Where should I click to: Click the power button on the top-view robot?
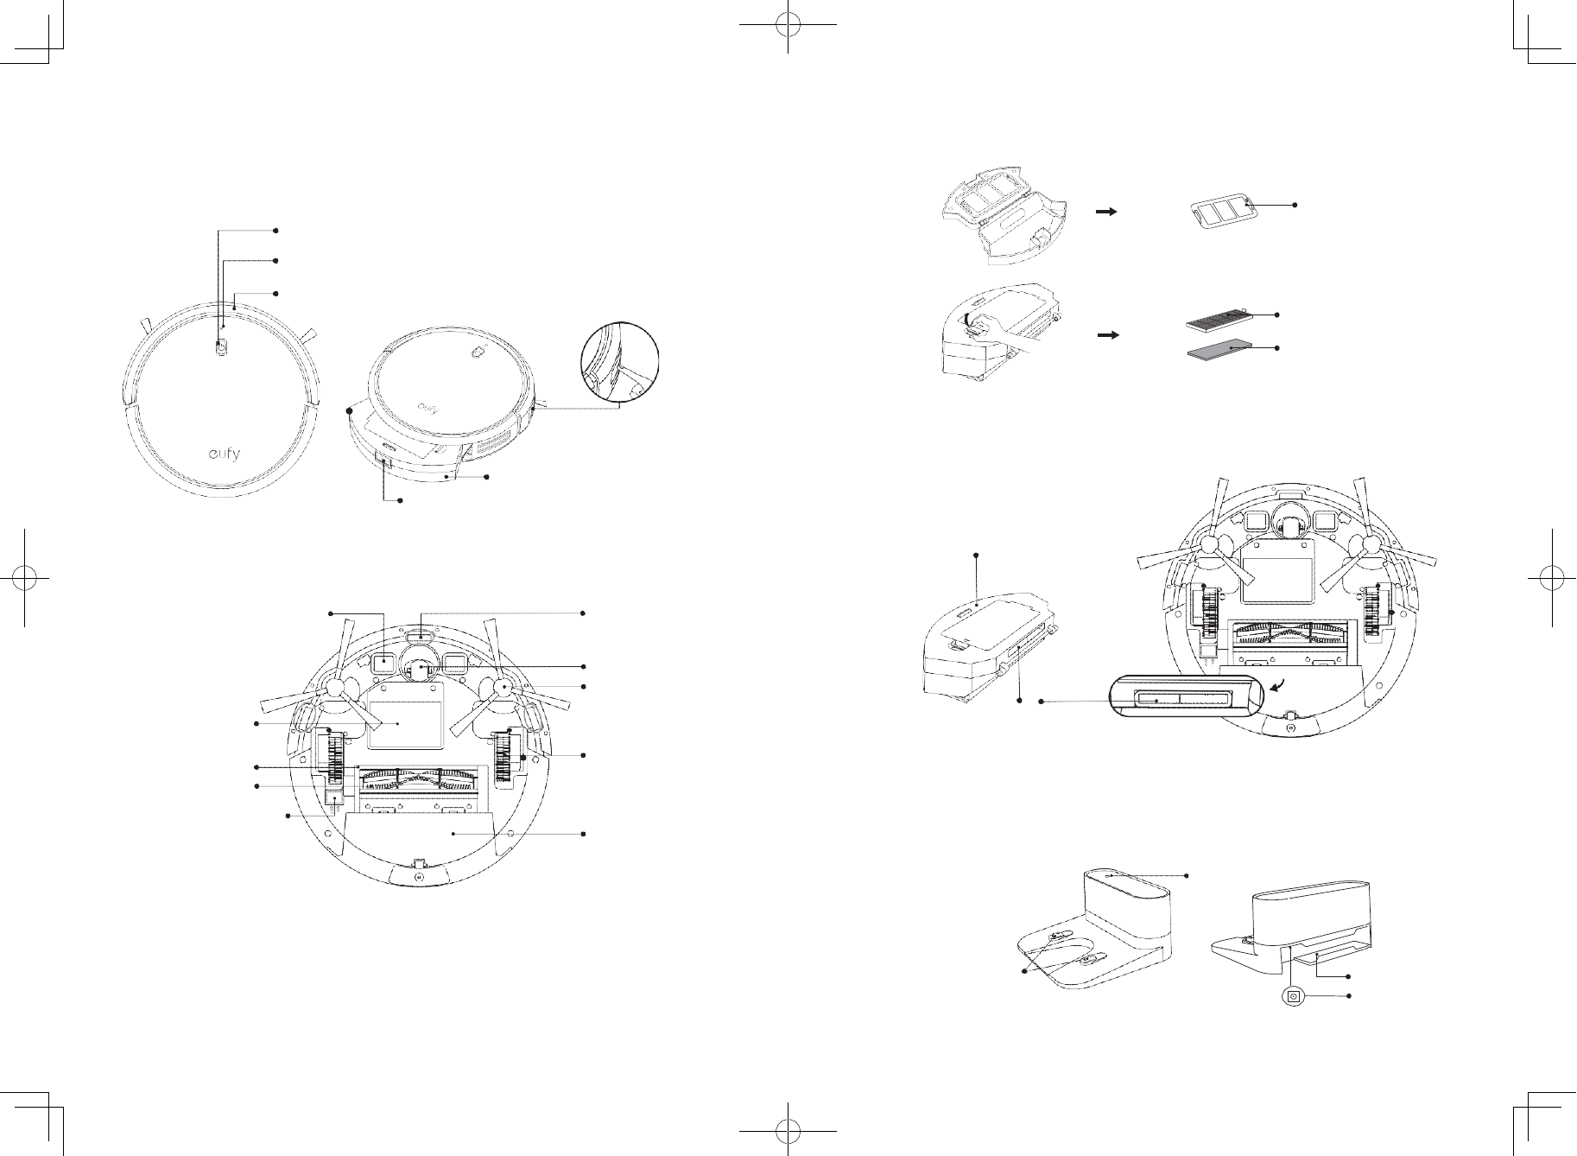coord(222,346)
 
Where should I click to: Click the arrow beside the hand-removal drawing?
coord(1108,334)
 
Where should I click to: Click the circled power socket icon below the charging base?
coord(1293,996)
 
